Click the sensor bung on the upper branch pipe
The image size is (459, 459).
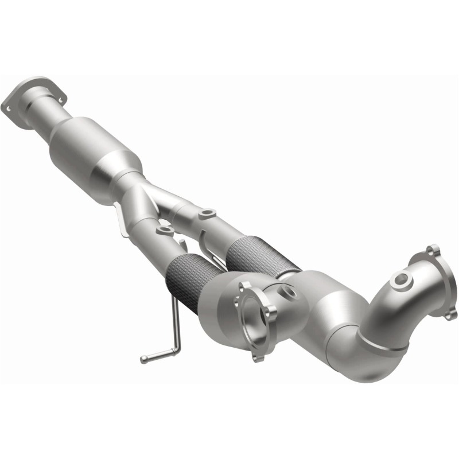click(x=205, y=215)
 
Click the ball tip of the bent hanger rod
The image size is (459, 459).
click(x=143, y=360)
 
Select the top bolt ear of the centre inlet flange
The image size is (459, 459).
click(x=246, y=285)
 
